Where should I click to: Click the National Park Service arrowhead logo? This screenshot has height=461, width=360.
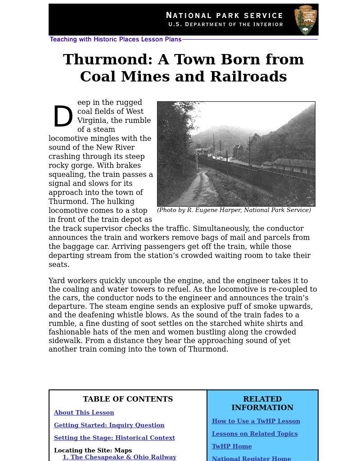(x=306, y=20)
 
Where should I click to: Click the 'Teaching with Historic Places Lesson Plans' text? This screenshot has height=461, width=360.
(x=116, y=40)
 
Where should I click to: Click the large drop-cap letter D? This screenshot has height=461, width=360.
(x=63, y=118)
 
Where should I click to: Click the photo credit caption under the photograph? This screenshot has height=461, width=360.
(x=234, y=210)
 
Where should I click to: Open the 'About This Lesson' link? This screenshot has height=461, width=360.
(x=84, y=413)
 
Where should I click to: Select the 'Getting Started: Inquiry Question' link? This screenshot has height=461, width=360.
(x=109, y=425)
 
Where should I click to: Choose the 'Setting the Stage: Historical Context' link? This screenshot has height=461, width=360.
(x=114, y=438)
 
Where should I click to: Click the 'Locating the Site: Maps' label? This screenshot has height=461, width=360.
(x=93, y=451)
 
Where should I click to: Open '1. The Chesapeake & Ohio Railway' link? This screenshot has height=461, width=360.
(x=119, y=457)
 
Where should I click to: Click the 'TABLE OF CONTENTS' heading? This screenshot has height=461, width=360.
(x=128, y=399)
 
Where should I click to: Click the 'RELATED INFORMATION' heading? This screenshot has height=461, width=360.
(x=262, y=403)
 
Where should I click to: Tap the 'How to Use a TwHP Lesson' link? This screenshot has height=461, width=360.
(x=256, y=421)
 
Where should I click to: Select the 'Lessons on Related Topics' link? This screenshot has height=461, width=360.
(x=255, y=434)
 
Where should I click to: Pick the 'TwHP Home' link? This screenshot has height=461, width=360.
(x=232, y=447)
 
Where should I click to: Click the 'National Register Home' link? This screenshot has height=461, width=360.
(x=251, y=458)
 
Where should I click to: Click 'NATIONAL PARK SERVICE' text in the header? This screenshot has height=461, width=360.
(x=224, y=16)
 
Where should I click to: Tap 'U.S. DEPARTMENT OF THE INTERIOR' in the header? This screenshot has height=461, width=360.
(x=225, y=25)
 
